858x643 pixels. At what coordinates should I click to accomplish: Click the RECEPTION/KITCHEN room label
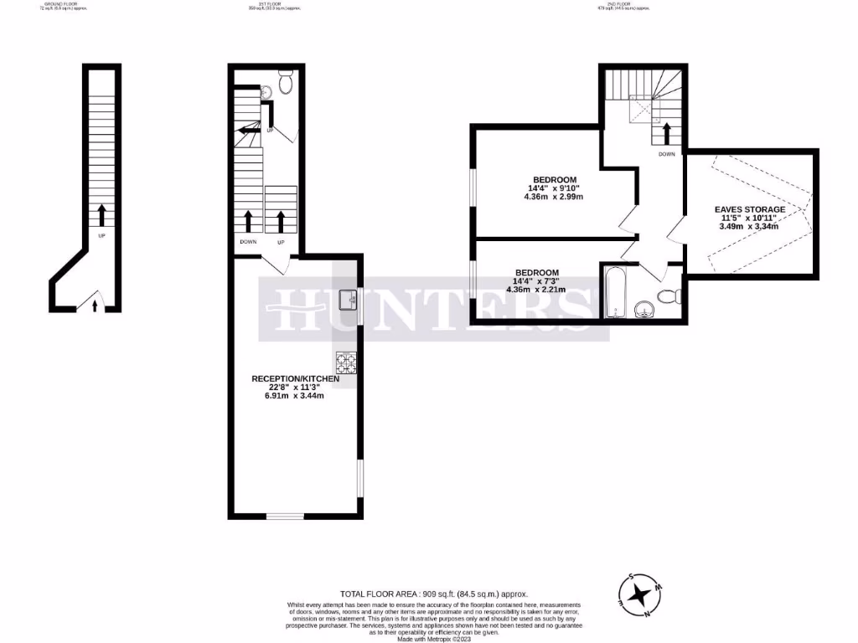tap(296, 379)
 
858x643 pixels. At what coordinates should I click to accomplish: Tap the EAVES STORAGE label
tap(750, 209)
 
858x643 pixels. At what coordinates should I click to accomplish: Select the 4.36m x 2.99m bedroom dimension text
tap(552, 197)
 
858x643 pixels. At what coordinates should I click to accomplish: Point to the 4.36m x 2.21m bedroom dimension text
tap(535, 290)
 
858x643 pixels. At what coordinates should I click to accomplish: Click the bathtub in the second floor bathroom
tap(615, 292)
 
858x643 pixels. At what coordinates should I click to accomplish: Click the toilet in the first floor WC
tap(285, 83)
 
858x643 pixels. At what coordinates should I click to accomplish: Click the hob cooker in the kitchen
tap(345, 363)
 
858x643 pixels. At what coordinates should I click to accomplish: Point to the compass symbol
tap(641, 594)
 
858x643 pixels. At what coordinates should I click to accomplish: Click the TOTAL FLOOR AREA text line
tap(434, 594)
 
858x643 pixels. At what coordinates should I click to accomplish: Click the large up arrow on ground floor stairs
tap(101, 215)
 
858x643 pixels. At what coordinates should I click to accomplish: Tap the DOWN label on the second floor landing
tap(667, 154)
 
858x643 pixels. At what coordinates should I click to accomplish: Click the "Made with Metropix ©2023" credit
tap(434, 639)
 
